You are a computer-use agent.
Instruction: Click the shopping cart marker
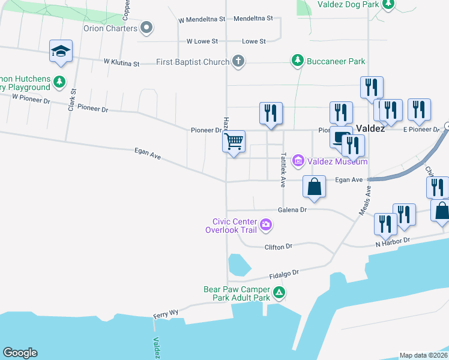[x=234, y=142]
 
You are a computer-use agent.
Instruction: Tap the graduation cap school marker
[x=61, y=51]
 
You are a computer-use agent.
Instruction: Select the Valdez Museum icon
[x=298, y=161]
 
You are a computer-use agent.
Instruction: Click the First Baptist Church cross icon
[x=238, y=61]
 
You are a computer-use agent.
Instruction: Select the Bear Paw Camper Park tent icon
[x=279, y=293]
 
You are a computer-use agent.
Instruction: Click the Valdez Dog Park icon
[x=388, y=5]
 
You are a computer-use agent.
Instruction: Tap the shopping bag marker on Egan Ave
[x=314, y=187]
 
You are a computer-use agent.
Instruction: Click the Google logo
[x=20, y=353]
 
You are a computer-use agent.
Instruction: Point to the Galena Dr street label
[x=292, y=210]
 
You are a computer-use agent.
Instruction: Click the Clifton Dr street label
[x=278, y=247]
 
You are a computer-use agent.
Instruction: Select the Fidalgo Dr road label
[x=283, y=274]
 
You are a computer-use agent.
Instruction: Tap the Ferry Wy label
[x=166, y=313]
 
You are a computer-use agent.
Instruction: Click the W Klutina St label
[x=121, y=62]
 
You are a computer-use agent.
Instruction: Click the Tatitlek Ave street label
[x=283, y=170]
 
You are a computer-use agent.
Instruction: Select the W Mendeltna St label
[x=202, y=19]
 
